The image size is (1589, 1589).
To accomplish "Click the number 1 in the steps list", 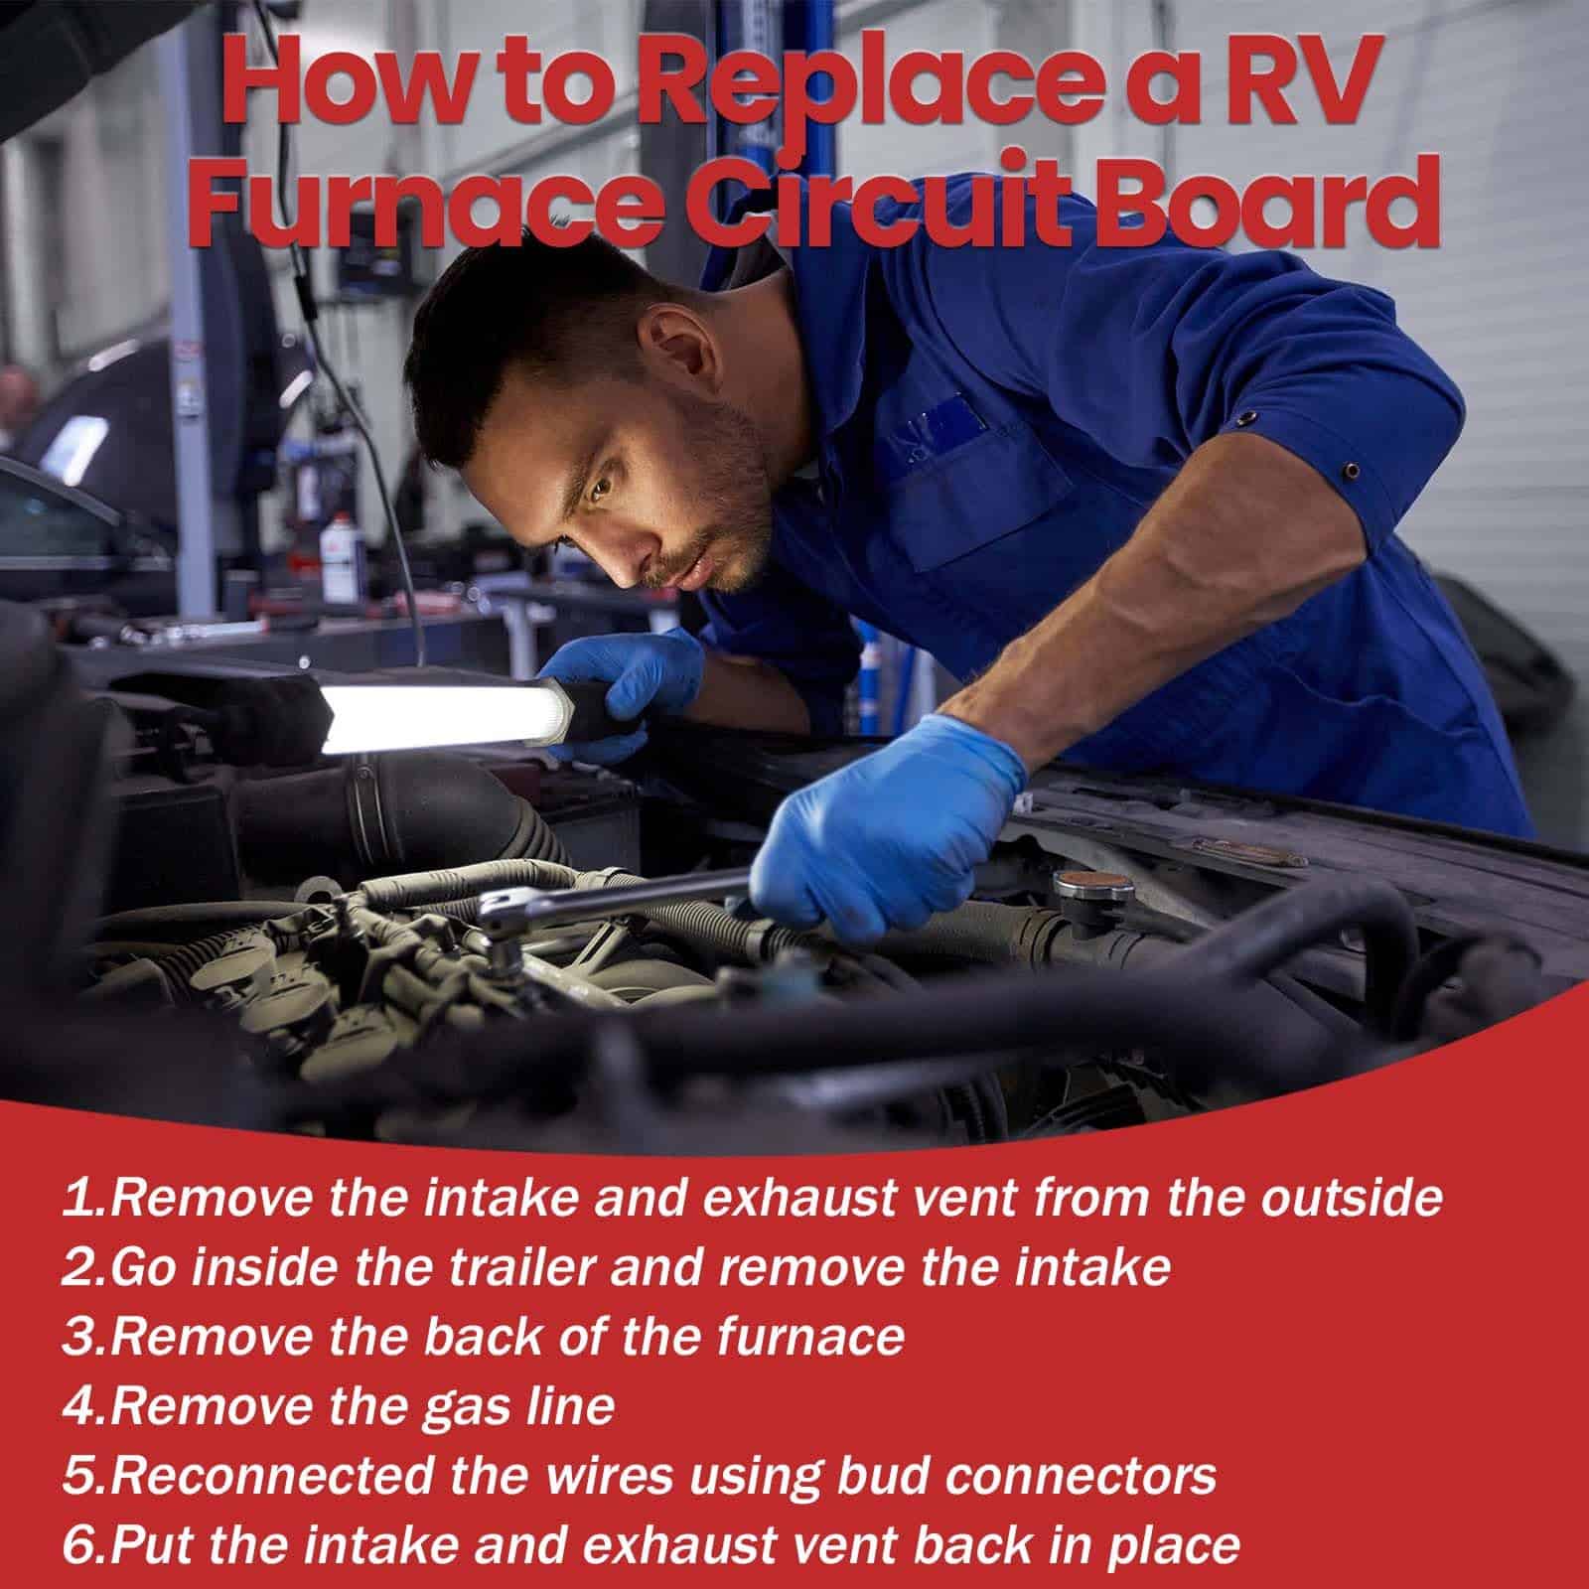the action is tap(80, 1201).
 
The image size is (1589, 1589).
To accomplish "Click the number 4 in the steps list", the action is tap(80, 1408).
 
